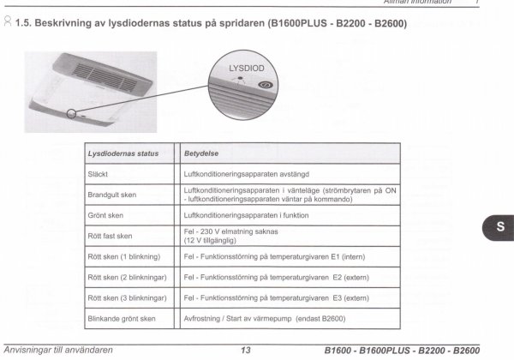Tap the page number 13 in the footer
pos(245,351)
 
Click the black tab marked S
pos(499,227)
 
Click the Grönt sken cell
pos(106,215)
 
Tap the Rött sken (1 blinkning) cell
pos(125,256)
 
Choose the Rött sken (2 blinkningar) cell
pos(128,278)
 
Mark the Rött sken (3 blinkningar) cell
pos(128,298)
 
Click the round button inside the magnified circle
pos(266,86)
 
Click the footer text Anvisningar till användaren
pos(58,351)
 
